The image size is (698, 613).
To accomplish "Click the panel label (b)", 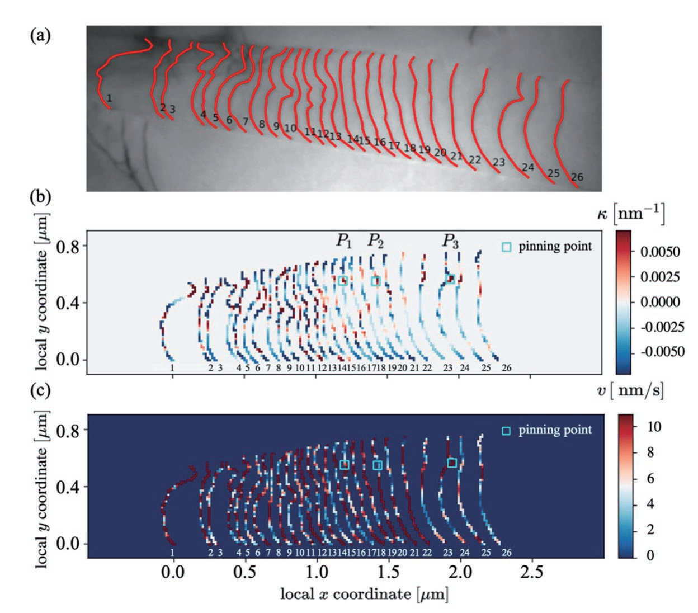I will [x=40, y=197].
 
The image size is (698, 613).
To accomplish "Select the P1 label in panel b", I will [x=344, y=241].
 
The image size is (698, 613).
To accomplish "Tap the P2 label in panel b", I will [x=376, y=241].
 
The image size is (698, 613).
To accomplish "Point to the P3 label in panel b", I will [x=450, y=241].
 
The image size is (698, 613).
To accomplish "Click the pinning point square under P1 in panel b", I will [x=343, y=281].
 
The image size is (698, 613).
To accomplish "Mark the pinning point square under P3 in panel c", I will [x=452, y=463].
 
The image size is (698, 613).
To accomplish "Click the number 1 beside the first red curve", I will [x=109, y=98].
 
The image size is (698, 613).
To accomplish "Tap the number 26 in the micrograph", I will [x=577, y=177].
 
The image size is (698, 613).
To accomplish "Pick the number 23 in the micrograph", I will [x=498, y=162].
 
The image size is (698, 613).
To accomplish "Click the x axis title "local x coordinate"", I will [x=364, y=593].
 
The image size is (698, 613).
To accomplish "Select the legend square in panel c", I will [x=506, y=431].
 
